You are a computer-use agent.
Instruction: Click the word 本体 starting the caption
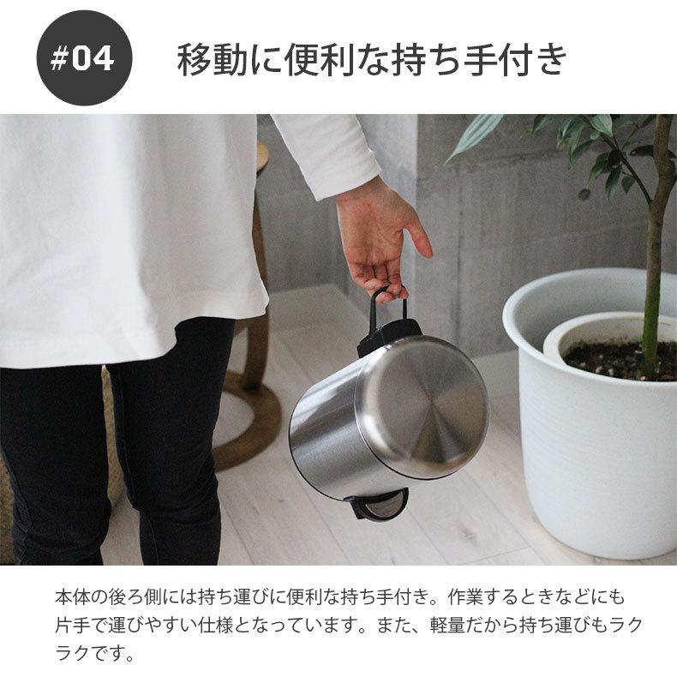70,596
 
